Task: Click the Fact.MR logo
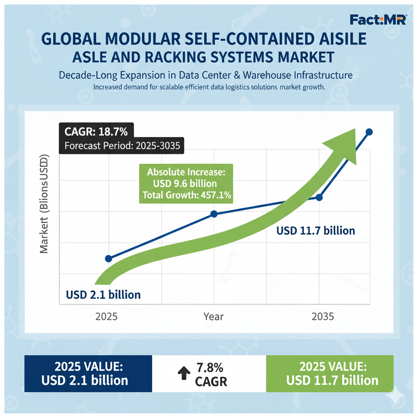pos(378,19)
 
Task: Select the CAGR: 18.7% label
pos(96,132)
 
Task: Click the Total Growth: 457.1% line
pos(187,196)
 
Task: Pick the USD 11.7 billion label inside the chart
pos(316,231)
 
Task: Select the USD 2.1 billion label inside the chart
pos(103,294)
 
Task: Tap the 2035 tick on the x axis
pos(322,317)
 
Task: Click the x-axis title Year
pos(213,317)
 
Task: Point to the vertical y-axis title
pos(44,204)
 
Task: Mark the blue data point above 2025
pos(109,258)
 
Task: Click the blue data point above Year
pos(213,214)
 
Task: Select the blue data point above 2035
pos(319,198)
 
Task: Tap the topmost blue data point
pos(369,131)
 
